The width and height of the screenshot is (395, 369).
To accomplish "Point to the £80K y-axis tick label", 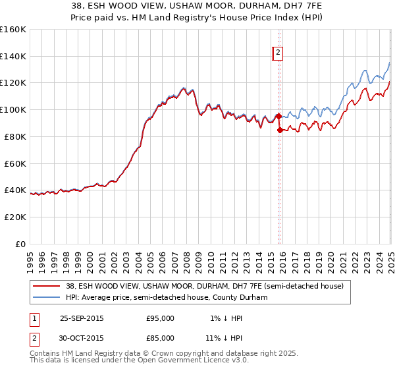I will click(x=14, y=136).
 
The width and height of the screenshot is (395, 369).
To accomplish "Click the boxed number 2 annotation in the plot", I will click(x=278, y=54).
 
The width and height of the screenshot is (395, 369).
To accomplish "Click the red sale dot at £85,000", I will click(x=280, y=130).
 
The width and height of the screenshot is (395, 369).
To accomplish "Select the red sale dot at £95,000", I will click(x=278, y=116).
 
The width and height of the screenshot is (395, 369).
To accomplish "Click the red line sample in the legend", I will click(x=46, y=286).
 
